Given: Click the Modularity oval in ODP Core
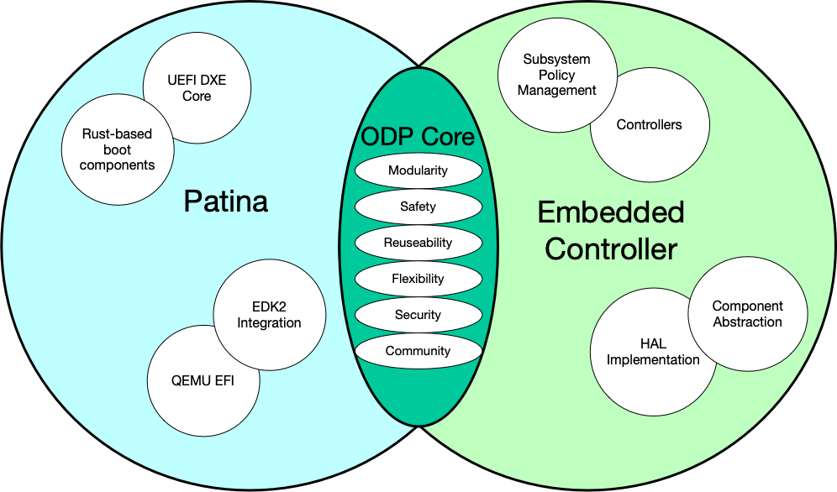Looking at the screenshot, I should tap(418, 170).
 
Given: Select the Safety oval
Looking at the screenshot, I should tap(418, 207).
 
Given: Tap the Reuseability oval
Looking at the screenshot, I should tap(418, 243).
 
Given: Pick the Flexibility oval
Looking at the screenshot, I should tap(418, 279).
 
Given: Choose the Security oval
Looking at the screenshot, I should tap(418, 315).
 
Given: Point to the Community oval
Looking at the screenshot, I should tap(418, 351).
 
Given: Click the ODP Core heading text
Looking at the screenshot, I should tap(418, 137).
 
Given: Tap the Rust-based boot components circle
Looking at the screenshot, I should tap(118, 150).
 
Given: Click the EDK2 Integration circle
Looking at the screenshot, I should tap(269, 315).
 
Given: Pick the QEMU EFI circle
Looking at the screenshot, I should tap(203, 380).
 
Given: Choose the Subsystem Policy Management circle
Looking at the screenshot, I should tap(556, 75).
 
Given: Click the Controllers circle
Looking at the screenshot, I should tap(649, 125).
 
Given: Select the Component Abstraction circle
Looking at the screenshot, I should tap(747, 314).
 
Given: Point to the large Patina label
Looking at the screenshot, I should tap(225, 202).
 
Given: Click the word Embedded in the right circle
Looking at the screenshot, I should tap(611, 212).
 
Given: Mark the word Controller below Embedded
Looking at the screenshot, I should tap(611, 249).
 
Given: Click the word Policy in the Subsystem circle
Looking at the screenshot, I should tap(556, 75).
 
